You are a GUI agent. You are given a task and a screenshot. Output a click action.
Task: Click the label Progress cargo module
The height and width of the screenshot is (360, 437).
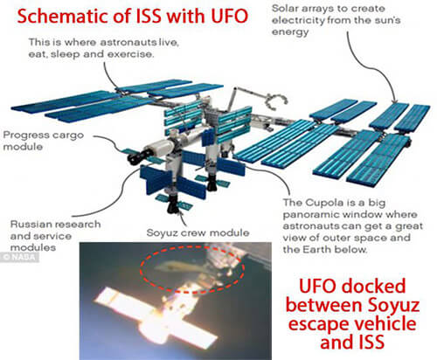pos(43,141)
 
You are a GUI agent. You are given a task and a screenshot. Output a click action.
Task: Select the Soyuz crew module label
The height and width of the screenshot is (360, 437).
pos(198,232)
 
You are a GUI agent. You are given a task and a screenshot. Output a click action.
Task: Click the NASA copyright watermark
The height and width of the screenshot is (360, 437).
pos(19,257)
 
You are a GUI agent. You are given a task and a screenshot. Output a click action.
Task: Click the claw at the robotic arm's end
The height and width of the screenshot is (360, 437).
pos(274,102)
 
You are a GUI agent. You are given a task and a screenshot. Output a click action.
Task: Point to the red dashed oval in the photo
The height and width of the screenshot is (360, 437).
pos(192,268)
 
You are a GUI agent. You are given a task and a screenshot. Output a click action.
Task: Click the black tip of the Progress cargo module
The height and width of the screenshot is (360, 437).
pos(135,157)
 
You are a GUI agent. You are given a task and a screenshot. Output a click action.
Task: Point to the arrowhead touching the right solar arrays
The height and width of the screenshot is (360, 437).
pos(394,101)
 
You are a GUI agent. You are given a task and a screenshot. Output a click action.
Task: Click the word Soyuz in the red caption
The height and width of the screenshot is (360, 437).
pos(392,305)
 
